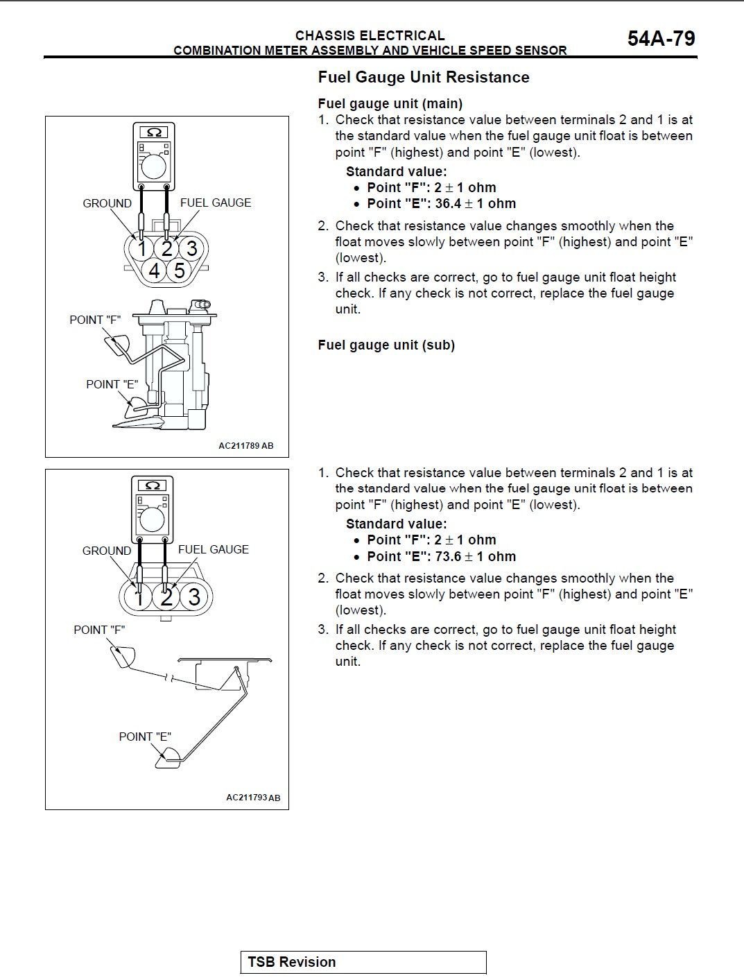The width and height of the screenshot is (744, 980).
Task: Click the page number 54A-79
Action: tap(661, 39)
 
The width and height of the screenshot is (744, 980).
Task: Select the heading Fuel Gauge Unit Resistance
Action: tap(423, 77)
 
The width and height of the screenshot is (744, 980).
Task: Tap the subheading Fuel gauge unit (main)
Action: tap(390, 103)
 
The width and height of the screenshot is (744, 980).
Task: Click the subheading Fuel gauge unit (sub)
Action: tap(386, 345)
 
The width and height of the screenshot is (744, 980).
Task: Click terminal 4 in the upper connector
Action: tap(155, 270)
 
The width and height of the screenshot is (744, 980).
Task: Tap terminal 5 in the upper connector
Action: tap(180, 270)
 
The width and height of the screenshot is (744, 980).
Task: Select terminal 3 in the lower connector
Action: tap(194, 596)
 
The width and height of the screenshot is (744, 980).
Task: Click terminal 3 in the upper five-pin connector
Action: tap(192, 248)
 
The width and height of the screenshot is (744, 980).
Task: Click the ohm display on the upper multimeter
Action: tap(154, 132)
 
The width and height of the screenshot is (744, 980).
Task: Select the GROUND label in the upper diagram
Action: tap(107, 203)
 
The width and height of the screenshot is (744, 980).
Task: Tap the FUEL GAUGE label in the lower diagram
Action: tap(213, 549)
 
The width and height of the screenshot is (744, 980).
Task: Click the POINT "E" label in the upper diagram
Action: tap(112, 384)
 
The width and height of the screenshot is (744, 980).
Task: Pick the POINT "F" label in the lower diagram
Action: tap(99, 630)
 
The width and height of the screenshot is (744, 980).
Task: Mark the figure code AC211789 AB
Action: tap(245, 445)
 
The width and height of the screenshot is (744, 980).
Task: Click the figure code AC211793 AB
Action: tap(253, 798)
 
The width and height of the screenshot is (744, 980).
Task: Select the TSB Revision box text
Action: tap(291, 962)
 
